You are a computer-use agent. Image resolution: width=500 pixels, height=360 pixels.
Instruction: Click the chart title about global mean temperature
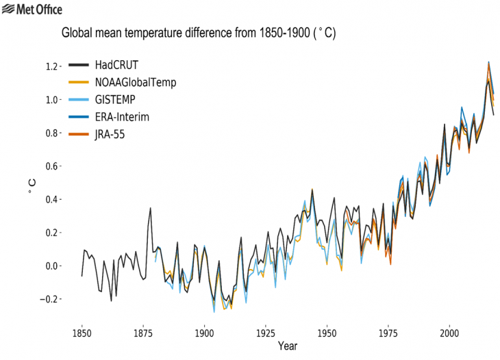coord(199,32)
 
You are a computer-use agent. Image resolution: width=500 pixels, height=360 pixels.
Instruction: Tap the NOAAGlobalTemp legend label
coord(136,83)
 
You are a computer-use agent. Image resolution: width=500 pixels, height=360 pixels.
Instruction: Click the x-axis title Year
coord(287,347)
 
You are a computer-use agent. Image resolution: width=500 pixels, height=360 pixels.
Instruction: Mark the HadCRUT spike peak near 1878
coord(151,208)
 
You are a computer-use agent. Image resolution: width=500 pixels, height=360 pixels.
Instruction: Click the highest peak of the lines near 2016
coord(488,62)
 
